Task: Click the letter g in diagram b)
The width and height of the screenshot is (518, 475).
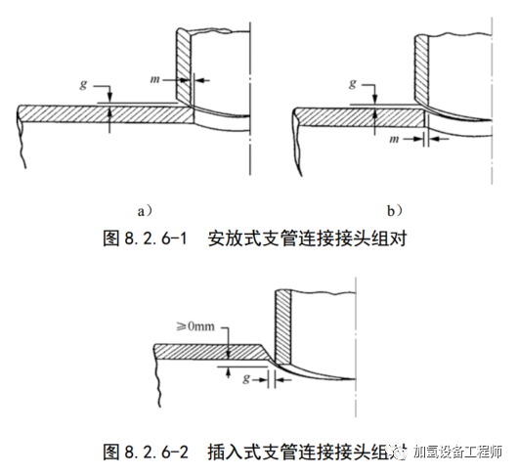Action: (x=352, y=84)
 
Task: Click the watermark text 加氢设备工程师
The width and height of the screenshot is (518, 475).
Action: (x=459, y=452)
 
